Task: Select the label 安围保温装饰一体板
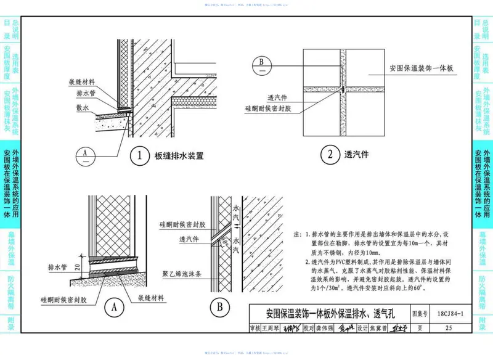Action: [x=422, y=68]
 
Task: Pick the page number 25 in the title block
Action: [x=447, y=327]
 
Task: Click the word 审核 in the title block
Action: [x=253, y=327]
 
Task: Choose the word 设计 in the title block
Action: [x=364, y=327]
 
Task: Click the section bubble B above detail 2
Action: [x=262, y=63]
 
